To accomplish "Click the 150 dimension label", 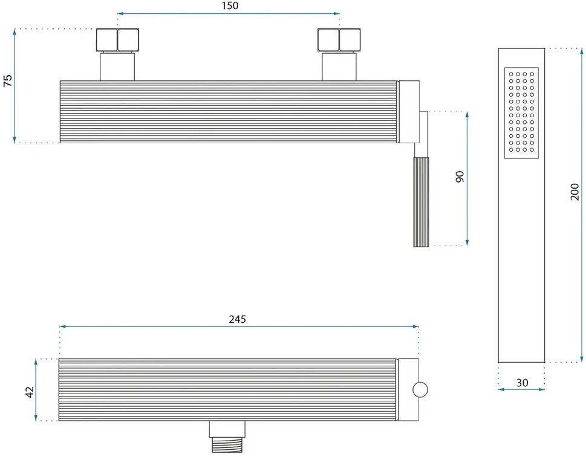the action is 230,5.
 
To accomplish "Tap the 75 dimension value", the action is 8,81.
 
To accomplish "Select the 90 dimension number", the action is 460,177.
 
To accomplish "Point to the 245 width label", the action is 237,319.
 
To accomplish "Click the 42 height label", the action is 29,392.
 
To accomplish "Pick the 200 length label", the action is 575,192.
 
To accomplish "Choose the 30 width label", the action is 522,383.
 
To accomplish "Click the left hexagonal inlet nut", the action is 117,40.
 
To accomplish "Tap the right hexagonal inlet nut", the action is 339,40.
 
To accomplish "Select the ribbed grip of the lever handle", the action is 421,202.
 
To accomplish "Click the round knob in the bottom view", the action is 420,390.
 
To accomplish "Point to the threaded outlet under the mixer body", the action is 227,445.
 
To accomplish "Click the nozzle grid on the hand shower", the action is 521,113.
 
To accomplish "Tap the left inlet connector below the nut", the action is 117,66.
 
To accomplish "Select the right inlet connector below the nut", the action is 339,66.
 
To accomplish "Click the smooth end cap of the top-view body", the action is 409,112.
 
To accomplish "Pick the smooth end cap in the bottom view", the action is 408,390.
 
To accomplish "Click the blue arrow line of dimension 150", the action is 229,14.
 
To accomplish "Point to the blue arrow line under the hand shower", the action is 521,389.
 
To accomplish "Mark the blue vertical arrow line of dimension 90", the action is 467,178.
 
